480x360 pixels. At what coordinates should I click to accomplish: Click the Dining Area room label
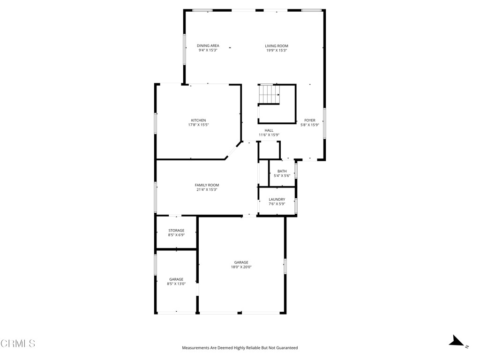coord(208,45)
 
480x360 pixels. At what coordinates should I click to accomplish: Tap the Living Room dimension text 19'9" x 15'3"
coord(277,50)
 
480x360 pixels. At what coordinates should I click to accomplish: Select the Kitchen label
coord(198,120)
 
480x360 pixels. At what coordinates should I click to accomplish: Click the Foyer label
coord(310,120)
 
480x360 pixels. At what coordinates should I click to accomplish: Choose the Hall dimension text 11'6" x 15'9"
coord(269,135)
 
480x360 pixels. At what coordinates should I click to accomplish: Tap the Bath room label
coord(282,171)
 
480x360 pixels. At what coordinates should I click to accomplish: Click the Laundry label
coord(277,199)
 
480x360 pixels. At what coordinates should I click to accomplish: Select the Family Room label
coord(207,185)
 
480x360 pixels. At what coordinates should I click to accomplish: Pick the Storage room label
coord(176,230)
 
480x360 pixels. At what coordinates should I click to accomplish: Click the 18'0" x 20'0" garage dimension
coord(241,267)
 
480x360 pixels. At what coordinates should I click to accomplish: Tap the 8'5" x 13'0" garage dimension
coord(176,284)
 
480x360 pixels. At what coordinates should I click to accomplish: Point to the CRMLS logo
coord(18,344)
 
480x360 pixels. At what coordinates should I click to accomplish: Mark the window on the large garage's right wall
coord(285,266)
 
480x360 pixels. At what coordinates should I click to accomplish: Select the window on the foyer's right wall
coord(324,123)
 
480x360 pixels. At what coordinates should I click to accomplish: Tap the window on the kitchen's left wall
coord(156,123)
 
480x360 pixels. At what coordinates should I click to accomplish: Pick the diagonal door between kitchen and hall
coord(233,151)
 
